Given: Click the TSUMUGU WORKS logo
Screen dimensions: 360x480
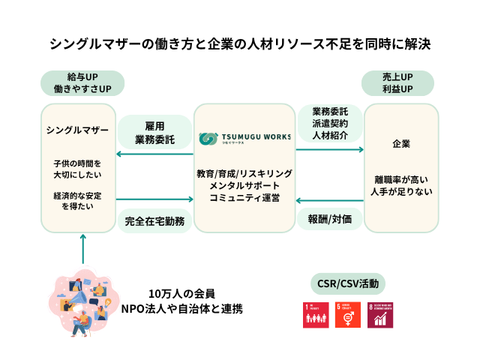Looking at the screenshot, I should pos(244,138).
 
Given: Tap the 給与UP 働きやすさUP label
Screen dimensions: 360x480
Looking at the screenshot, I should pos(82,82).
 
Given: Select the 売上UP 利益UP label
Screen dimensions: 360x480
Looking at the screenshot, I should pos(397,82).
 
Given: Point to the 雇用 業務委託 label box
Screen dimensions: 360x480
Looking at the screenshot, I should pos(155,133).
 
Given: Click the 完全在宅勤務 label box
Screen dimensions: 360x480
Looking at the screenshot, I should pos(155,221).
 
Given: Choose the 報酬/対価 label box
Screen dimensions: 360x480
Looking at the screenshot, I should pos(330,220).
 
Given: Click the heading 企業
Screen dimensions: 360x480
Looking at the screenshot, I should pos(401,143).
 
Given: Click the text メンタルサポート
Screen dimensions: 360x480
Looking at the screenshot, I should pos(244,185).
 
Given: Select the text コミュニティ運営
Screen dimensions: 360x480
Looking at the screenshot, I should pos(244,198).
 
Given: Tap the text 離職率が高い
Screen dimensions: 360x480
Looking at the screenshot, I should pos(401,179).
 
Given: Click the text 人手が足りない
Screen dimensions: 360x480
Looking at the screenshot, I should pos(401,192).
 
